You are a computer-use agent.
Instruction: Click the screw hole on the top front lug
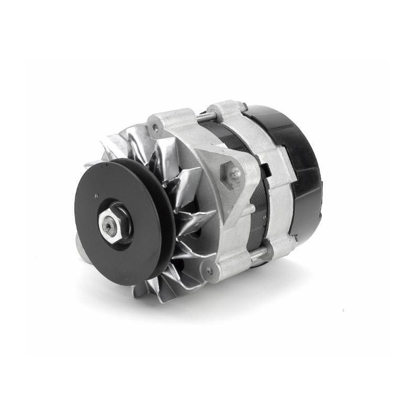pos(155,126)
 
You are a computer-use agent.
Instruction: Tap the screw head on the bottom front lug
pos(210,270)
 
